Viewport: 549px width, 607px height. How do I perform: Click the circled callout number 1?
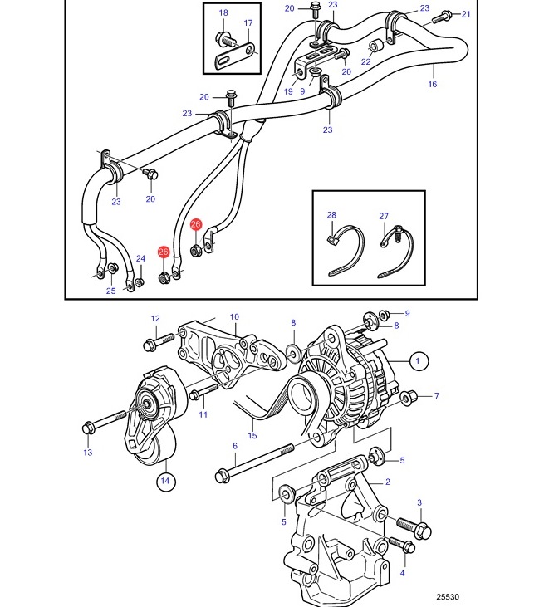click(418, 360)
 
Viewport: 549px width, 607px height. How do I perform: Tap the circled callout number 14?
click(165, 481)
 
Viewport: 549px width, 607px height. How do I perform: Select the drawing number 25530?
click(447, 597)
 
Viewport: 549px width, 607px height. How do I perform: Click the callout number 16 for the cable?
click(433, 84)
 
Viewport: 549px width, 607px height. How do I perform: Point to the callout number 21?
click(466, 14)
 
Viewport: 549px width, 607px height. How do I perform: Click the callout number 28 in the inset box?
click(331, 215)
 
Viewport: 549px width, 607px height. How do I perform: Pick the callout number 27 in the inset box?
click(384, 216)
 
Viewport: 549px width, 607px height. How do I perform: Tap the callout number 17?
click(248, 23)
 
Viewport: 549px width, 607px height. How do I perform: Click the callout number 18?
click(223, 12)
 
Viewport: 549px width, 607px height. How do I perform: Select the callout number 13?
click(88, 453)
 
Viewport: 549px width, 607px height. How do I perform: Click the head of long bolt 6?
click(221, 476)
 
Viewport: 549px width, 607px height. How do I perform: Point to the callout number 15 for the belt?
click(252, 435)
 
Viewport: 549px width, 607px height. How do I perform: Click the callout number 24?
click(140, 258)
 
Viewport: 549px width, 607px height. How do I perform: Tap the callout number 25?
click(111, 291)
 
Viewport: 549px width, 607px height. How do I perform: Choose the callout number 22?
click(366, 61)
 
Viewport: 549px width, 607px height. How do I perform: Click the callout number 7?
click(436, 396)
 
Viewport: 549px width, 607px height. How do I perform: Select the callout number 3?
click(419, 502)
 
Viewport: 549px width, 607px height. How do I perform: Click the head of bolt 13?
click(87, 428)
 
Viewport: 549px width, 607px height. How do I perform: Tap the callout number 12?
click(155, 319)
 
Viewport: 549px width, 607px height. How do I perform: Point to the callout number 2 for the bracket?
click(388, 482)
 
